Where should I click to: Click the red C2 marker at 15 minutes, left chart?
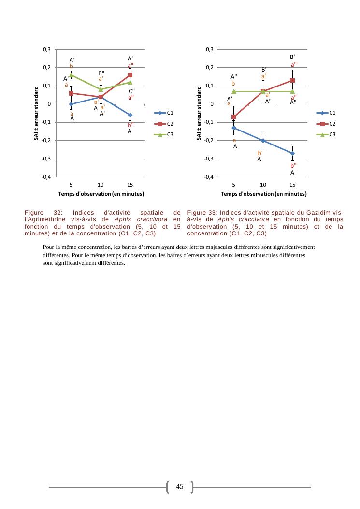[130, 75]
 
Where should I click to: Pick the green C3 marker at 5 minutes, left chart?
[72, 75]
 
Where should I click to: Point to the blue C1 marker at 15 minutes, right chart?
[292, 153]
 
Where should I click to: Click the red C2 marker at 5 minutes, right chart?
[234, 117]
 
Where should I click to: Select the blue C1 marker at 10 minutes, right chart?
[263, 141]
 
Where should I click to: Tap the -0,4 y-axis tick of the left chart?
[48, 177]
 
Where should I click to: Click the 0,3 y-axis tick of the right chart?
[210, 49]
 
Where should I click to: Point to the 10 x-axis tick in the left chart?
[101, 184]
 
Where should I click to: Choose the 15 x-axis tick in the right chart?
[292, 184]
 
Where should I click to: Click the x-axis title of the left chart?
[101, 194]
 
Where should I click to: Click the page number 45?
[180, 486]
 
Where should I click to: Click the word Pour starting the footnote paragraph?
[48, 247]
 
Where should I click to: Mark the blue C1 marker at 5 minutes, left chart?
[72, 104]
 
